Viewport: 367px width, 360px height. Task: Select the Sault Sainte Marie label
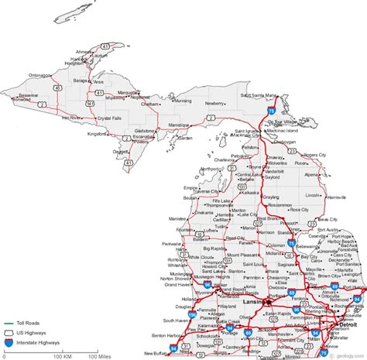tap(257, 95)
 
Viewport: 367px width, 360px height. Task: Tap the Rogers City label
tap(314, 155)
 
